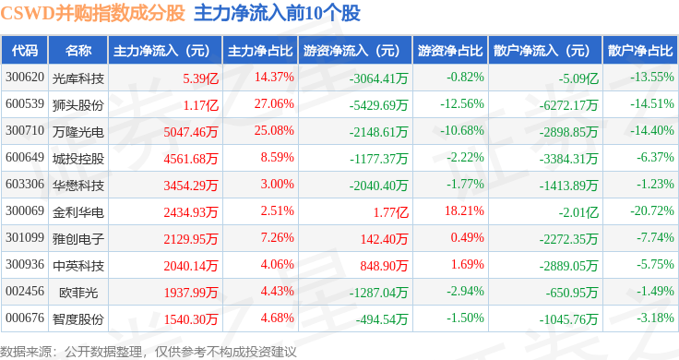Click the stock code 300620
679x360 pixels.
(x=25, y=78)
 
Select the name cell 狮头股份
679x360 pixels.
(x=77, y=105)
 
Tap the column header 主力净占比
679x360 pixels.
(x=260, y=51)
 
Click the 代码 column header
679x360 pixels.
(x=25, y=51)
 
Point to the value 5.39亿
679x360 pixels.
(x=200, y=78)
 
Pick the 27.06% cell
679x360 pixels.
(x=274, y=104)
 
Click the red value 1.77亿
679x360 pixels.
(x=390, y=212)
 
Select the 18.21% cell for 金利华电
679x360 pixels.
(x=464, y=211)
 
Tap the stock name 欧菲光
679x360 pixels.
(x=78, y=293)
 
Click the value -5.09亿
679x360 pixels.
(x=578, y=78)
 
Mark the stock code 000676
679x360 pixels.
(x=25, y=318)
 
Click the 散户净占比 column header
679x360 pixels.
(x=640, y=51)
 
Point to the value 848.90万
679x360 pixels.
(x=384, y=266)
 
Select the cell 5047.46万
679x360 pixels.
(x=191, y=132)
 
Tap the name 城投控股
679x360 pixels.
(x=77, y=159)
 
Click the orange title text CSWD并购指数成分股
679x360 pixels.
(x=92, y=13)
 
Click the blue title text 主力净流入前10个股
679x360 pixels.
(x=277, y=13)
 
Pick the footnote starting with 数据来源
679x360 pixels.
(x=149, y=352)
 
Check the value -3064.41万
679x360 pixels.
(x=379, y=78)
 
